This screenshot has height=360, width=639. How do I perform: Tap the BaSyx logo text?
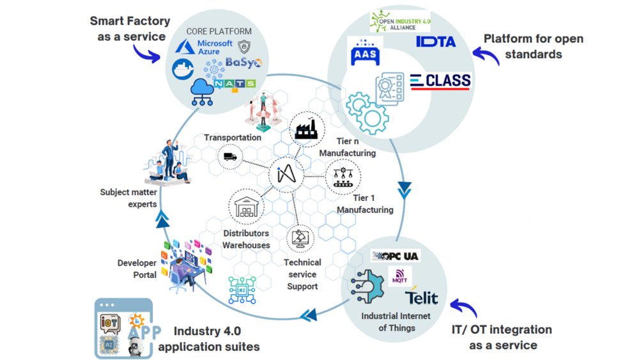pyautogui.click(x=243, y=63)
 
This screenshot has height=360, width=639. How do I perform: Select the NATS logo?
pyautogui.click(x=235, y=84)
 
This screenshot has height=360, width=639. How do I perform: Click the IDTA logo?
pyautogui.click(x=436, y=42)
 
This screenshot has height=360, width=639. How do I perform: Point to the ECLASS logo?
pyautogui.click(x=440, y=82)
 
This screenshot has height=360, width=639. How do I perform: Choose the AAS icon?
pyautogui.click(x=366, y=54)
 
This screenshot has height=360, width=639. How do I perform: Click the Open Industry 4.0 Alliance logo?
pyautogui.click(x=400, y=22)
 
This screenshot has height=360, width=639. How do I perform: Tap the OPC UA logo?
pyautogui.click(x=396, y=256)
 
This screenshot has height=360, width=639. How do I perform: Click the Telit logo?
pyautogui.click(x=422, y=297)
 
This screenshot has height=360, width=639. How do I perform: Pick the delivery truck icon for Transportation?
pyautogui.click(x=230, y=157)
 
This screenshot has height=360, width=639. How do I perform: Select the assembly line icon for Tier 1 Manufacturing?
pyautogui.click(x=343, y=177)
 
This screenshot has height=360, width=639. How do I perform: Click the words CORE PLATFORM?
pyautogui.click(x=219, y=31)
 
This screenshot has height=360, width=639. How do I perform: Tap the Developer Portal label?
pyautogui.click(x=137, y=269)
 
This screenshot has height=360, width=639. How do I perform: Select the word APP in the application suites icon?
pyautogui.click(x=144, y=333)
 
